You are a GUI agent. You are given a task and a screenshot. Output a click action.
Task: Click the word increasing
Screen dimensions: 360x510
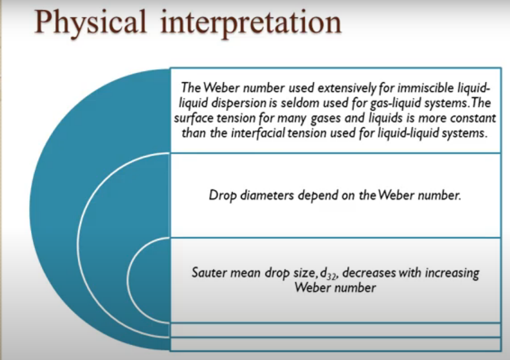[x=449, y=273]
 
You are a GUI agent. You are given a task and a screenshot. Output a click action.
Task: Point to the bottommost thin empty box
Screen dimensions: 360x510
[x=335, y=344]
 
